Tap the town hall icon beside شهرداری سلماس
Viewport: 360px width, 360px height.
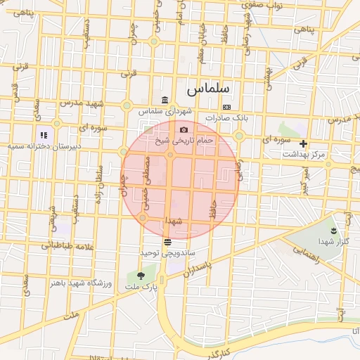(164, 99)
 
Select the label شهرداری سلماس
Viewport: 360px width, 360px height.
(165, 111)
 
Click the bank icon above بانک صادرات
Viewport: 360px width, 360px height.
(226, 107)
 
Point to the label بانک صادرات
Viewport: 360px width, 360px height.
(225, 118)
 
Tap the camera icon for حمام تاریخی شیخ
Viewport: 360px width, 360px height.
(184, 129)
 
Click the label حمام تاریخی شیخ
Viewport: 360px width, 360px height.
(184, 141)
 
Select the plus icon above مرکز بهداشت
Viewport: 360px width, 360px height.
(303, 143)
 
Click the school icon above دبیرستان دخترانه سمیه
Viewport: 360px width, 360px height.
(44, 135)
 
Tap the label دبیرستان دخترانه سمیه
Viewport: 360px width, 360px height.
(44, 146)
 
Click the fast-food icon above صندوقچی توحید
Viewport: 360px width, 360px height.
(167, 241)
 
